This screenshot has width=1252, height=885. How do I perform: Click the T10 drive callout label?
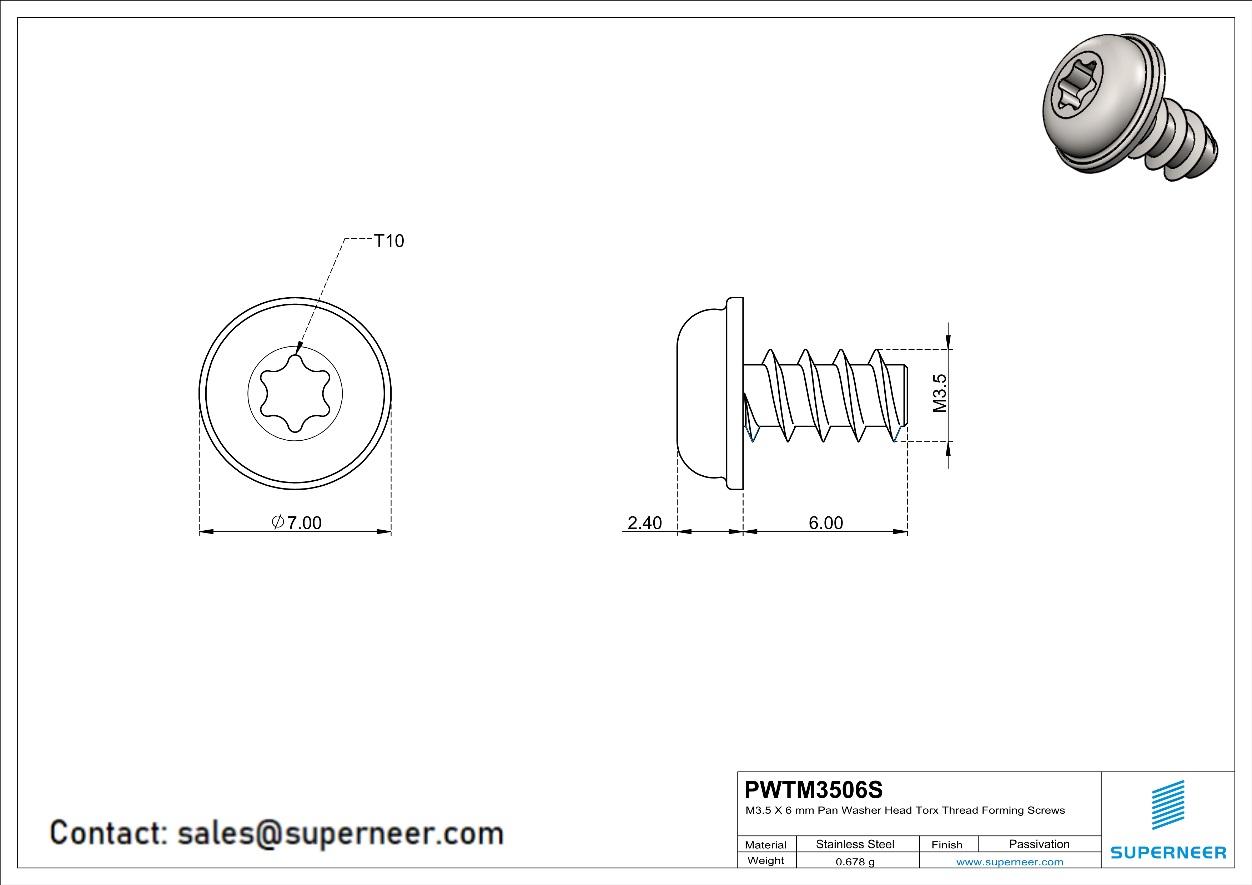click(x=388, y=241)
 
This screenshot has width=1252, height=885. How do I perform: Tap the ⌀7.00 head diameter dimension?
click(x=297, y=522)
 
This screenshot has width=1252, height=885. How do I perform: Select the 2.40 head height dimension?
click(x=644, y=522)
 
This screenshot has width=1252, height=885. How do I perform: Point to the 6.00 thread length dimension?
click(x=826, y=522)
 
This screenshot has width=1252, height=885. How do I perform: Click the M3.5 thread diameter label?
click(x=939, y=393)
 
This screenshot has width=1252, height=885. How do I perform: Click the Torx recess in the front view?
click(x=295, y=394)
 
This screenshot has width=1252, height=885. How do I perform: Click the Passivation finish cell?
click(x=1039, y=844)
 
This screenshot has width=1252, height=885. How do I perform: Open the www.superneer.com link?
click(x=1009, y=861)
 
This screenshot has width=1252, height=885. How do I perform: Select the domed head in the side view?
click(x=701, y=394)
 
